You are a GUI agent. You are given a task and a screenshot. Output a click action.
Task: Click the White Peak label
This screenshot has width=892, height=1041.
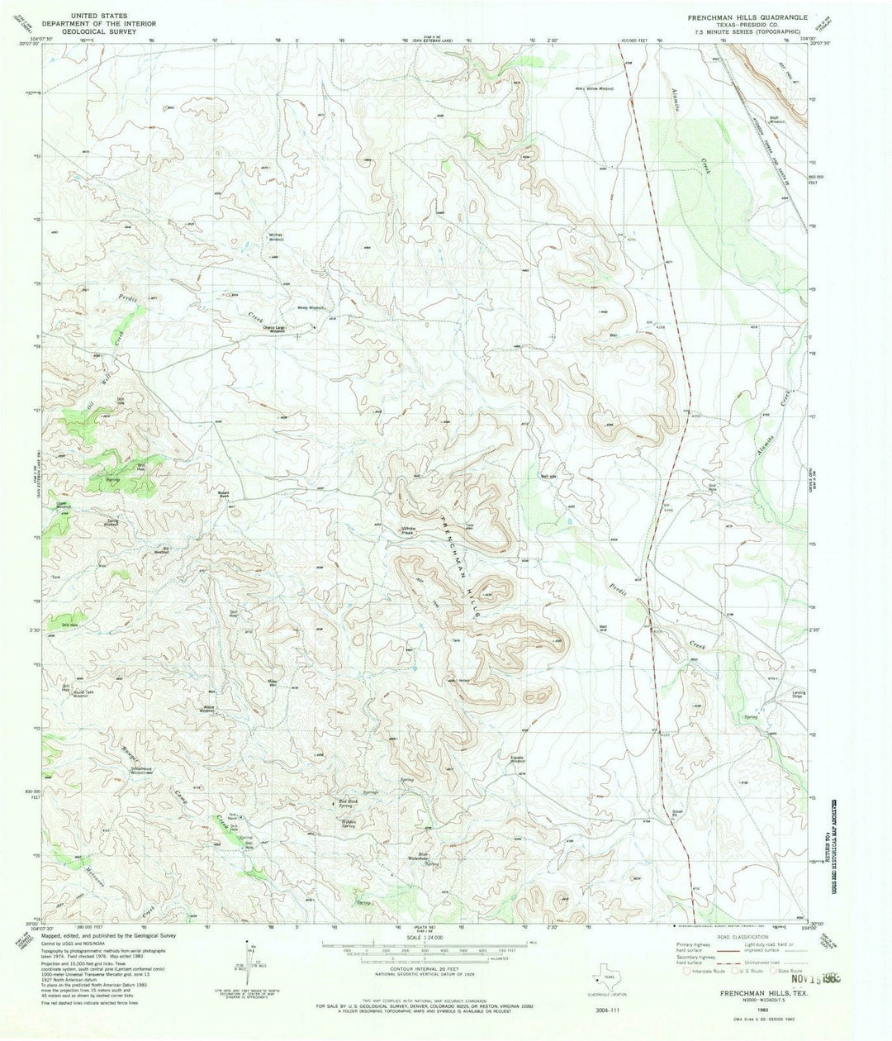pos(408,530)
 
